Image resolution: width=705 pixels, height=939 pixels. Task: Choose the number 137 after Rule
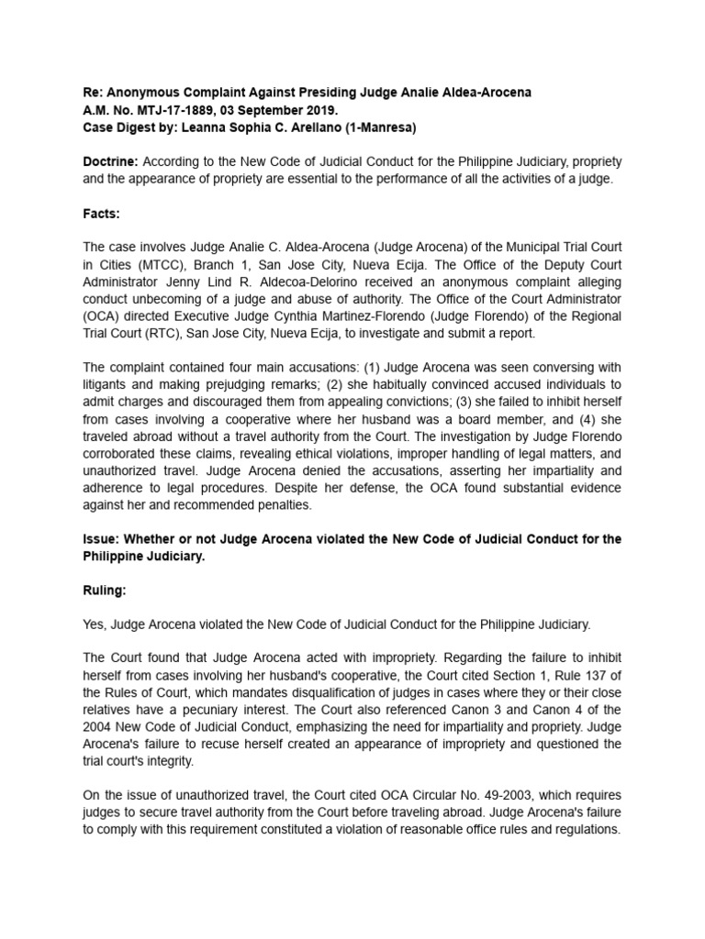coord(594,676)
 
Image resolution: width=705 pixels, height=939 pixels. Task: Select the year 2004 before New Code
coord(99,728)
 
